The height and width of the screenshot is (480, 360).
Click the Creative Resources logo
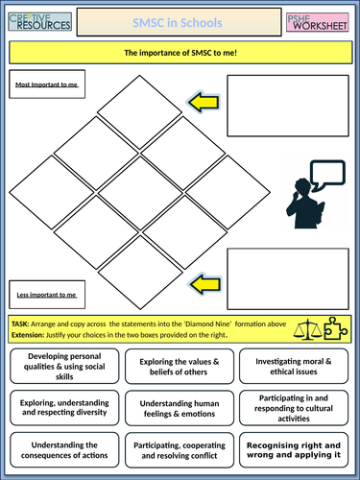(37, 20)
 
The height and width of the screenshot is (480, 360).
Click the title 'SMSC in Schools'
(180, 20)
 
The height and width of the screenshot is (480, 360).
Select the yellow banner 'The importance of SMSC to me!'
(180, 53)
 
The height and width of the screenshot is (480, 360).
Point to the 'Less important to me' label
(47, 288)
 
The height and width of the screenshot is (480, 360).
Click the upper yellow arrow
(204, 100)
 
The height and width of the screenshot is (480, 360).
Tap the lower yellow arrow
(204, 282)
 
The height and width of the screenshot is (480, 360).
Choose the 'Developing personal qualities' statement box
(60, 367)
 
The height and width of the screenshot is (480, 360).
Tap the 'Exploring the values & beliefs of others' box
(180, 367)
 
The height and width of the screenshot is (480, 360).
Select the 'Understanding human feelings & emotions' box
(180, 409)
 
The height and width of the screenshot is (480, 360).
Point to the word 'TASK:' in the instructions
(22, 324)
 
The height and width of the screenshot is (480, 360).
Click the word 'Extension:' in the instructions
(30, 334)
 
